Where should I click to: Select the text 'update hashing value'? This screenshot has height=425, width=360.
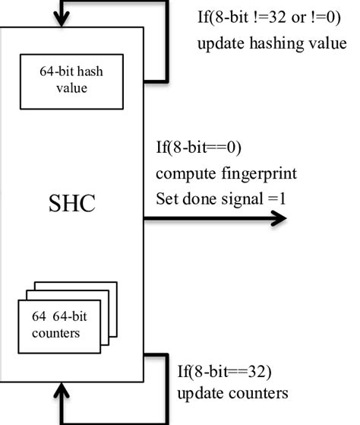(x=271, y=43)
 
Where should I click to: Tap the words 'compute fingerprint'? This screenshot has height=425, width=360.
(x=226, y=173)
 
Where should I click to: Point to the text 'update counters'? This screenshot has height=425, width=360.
(x=232, y=394)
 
